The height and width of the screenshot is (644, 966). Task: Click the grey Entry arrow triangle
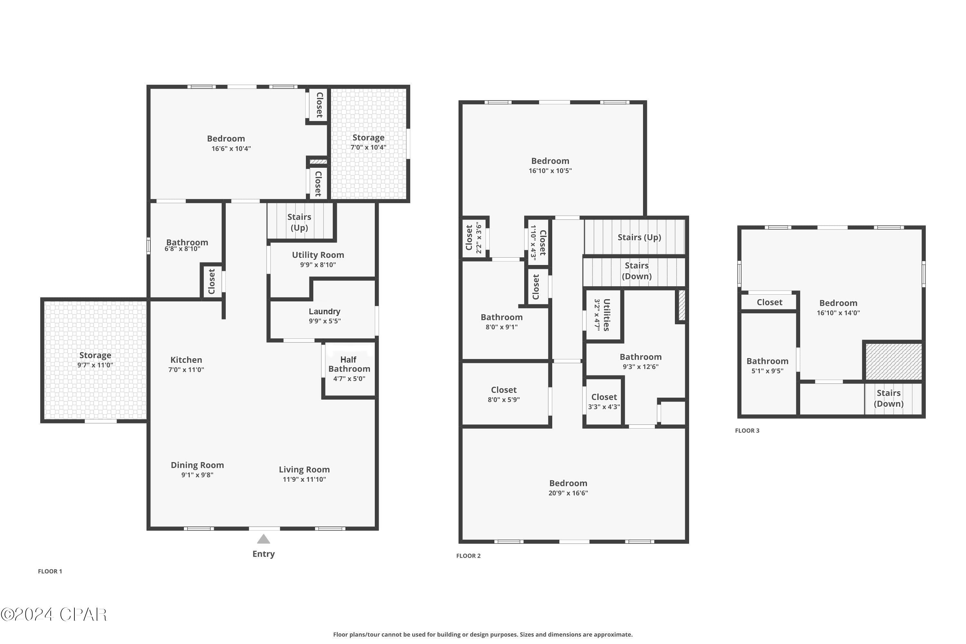pyautogui.click(x=263, y=539)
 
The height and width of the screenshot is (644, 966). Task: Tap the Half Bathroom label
pyautogui.click(x=349, y=364)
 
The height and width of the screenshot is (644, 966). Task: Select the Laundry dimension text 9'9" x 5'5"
pyautogui.click(x=325, y=321)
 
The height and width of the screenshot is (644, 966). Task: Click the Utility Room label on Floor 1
pyautogui.click(x=318, y=255)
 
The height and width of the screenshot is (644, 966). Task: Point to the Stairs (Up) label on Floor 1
pyautogui.click(x=299, y=222)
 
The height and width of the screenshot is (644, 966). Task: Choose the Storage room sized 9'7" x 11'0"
pyautogui.click(x=95, y=360)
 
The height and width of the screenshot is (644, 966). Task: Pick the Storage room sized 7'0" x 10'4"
pyautogui.click(x=368, y=142)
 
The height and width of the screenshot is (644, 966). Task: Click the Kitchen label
pyautogui.click(x=186, y=360)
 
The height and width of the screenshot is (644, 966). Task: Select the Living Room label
pyautogui.click(x=304, y=469)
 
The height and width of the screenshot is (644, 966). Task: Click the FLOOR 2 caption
pyautogui.click(x=468, y=556)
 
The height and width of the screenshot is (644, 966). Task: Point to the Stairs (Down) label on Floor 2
pyautogui.click(x=637, y=271)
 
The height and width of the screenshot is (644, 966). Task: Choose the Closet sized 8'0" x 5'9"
pyautogui.click(x=504, y=394)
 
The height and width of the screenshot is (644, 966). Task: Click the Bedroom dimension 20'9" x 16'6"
pyautogui.click(x=568, y=493)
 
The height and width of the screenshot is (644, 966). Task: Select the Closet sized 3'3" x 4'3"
pyautogui.click(x=604, y=402)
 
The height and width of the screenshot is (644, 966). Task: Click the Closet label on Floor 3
pyautogui.click(x=769, y=302)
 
